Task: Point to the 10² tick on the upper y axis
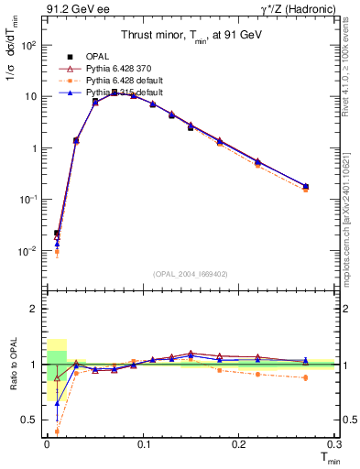click(27, 45)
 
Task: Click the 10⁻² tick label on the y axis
click(27, 250)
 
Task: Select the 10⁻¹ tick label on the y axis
click(27, 199)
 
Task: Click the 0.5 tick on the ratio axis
click(29, 420)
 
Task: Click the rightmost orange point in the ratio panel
click(305, 377)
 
